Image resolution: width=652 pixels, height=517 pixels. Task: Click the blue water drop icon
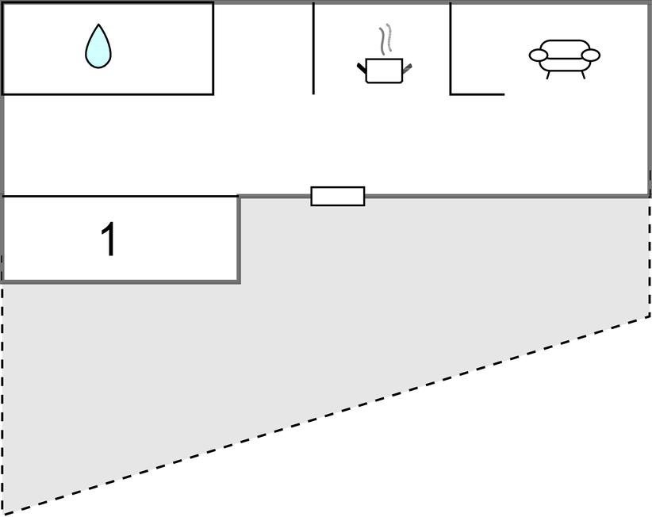98,47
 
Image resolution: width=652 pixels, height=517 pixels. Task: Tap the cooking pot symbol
384,70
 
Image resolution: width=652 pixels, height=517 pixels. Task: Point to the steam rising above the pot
385,40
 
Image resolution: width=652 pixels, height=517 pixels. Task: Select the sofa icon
564,56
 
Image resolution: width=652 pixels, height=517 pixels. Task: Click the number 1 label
109,239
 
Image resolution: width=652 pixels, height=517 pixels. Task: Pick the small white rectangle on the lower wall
338,196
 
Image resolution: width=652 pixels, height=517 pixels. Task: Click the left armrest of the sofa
539,56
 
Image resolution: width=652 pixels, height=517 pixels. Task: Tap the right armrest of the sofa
590,56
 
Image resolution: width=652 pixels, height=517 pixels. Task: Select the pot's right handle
407,69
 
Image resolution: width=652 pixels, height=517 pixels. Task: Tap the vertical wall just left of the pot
313,48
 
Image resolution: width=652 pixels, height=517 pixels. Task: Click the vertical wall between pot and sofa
451,48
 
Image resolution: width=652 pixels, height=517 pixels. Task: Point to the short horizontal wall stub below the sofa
477,94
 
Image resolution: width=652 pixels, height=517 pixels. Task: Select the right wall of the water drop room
213,48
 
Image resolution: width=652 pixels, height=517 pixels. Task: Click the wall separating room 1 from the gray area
239,238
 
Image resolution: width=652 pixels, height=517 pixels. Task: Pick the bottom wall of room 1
119,281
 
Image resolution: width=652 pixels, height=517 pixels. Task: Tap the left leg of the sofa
548,75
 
